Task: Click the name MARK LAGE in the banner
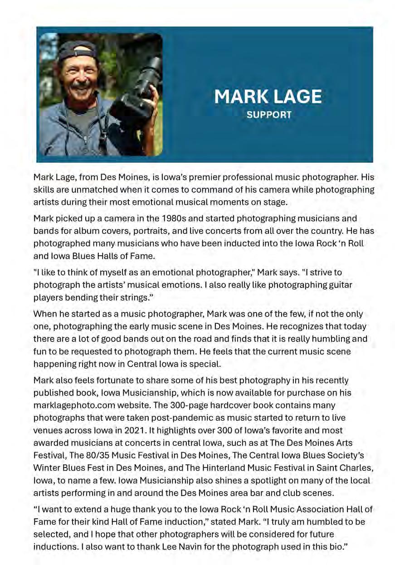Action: pyautogui.click(x=268, y=97)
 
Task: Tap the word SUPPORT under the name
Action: pyautogui.click(x=268, y=115)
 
